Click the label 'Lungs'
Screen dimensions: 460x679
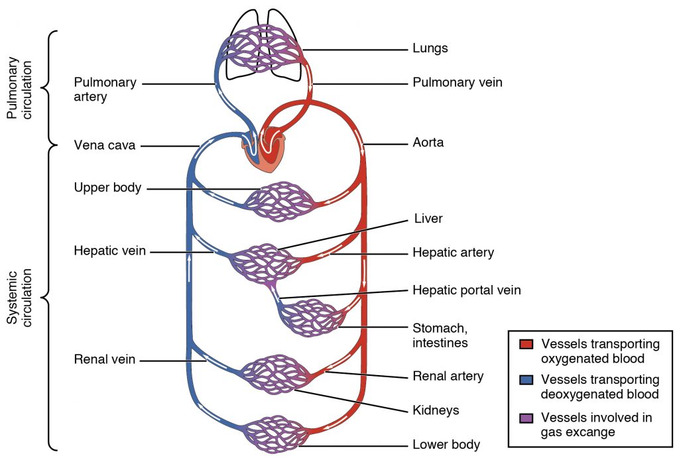(430, 48)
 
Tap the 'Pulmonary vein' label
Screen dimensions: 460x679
(458, 83)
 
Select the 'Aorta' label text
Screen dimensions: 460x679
(428, 143)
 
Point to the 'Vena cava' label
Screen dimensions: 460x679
(104, 145)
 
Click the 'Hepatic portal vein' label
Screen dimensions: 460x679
(466, 290)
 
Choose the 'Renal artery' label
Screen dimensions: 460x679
(448, 376)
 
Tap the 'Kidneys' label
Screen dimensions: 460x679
(436, 410)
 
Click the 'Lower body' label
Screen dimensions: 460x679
(446, 444)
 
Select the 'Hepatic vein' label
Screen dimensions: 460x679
(109, 251)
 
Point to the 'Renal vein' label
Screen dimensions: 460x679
(105, 360)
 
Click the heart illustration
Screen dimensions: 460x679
(269, 149)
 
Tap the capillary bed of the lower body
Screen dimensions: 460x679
(274, 434)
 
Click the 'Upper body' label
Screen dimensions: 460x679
(107, 188)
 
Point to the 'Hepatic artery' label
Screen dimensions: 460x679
(453, 253)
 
